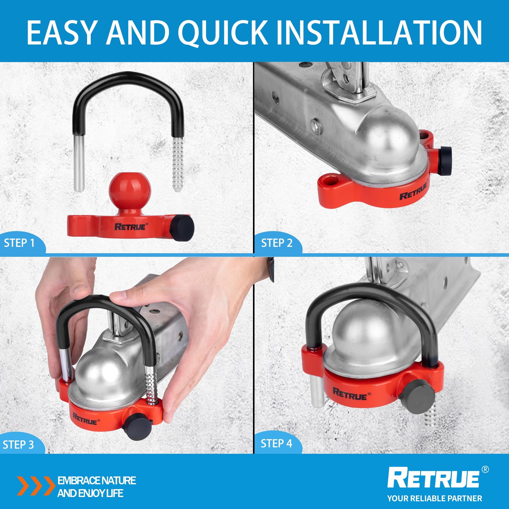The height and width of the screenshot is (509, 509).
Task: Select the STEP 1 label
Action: click(19, 243)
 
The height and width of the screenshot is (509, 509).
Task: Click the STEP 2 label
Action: click(277, 243)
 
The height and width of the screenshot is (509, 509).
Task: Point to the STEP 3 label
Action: click(19, 444)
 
